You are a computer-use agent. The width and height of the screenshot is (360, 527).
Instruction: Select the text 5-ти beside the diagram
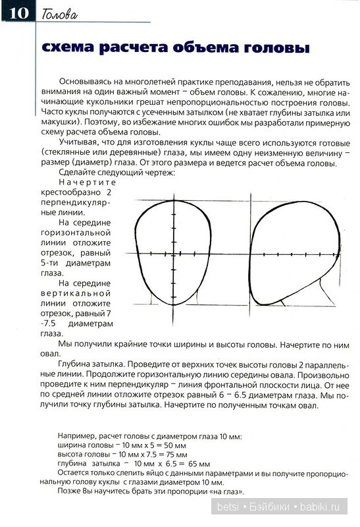pyautogui.click(x=49, y=262)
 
